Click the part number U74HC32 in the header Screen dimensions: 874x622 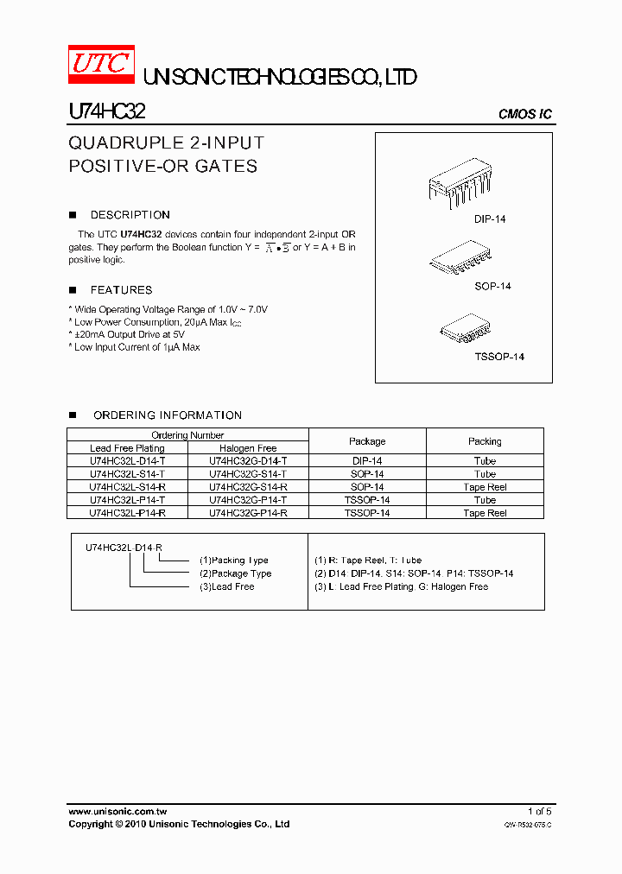(107, 112)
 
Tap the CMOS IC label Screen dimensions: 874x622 (525, 115)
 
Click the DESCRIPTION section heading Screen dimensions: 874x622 (130, 215)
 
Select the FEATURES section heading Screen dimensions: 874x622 (121, 290)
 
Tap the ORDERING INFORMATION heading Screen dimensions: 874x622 (167, 415)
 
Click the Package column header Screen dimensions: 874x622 (367, 441)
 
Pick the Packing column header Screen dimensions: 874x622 (485, 441)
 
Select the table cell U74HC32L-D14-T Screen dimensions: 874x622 (128, 461)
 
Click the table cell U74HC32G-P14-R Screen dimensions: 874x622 (248, 513)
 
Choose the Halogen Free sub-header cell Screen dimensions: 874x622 (248, 448)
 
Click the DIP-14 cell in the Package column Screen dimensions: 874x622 (367, 461)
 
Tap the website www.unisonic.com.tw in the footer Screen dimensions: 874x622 (117, 812)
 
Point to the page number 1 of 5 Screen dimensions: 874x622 (539, 812)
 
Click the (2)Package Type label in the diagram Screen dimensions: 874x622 (235, 573)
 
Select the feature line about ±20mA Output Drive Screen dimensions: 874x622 (128, 334)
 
